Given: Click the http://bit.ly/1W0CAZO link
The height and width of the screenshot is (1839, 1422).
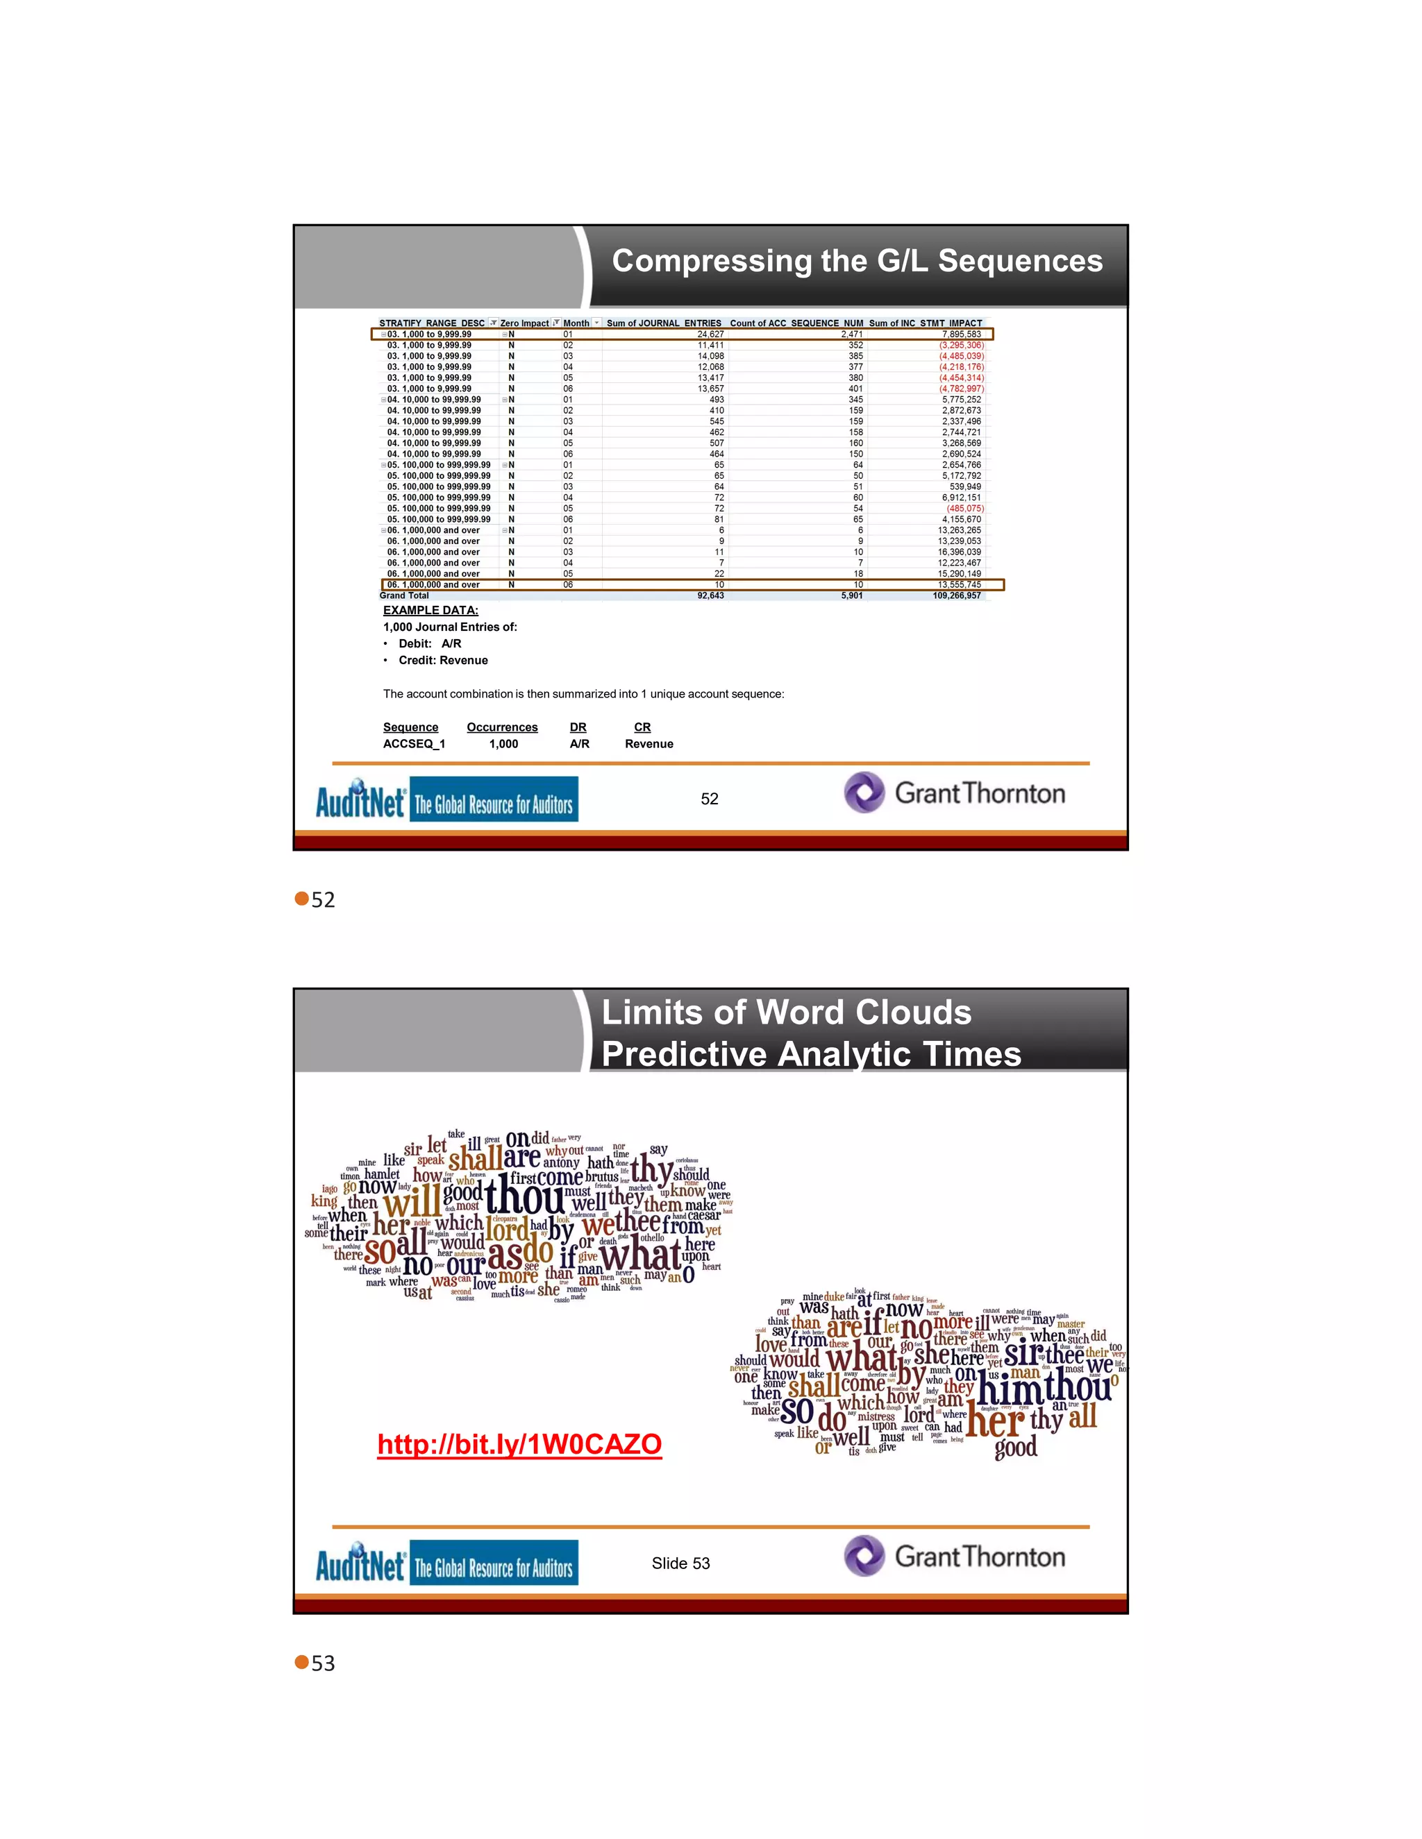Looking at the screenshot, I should point(519,1444).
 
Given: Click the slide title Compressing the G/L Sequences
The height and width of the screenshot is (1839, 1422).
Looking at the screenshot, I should point(857,261).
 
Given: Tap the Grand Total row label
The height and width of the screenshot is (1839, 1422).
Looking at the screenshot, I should point(404,595).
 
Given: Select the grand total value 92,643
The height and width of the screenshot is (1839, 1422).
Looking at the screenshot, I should point(710,595).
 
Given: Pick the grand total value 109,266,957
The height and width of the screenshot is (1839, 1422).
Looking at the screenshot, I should point(956,595).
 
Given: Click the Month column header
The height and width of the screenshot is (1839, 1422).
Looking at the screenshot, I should point(576,323).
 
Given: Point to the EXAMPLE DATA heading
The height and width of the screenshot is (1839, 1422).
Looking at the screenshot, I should point(430,611).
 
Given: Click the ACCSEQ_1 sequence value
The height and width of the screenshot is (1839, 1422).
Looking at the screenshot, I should point(414,745).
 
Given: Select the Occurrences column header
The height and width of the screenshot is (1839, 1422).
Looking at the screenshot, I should point(502,727).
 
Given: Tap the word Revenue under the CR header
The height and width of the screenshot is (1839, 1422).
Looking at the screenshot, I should point(649,745).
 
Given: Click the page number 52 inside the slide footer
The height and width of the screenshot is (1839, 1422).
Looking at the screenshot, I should point(710,799).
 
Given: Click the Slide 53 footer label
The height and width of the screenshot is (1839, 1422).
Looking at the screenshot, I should point(680,1563).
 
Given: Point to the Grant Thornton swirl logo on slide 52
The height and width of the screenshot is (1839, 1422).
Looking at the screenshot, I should point(864,793).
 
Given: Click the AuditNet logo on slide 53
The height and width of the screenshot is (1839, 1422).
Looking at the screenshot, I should point(360,1563).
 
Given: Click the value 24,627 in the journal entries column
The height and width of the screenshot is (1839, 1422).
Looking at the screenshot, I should point(710,334).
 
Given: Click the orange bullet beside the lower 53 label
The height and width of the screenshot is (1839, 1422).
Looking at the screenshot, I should point(301,1662).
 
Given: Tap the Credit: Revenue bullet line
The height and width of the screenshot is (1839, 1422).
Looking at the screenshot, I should point(443,661).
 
